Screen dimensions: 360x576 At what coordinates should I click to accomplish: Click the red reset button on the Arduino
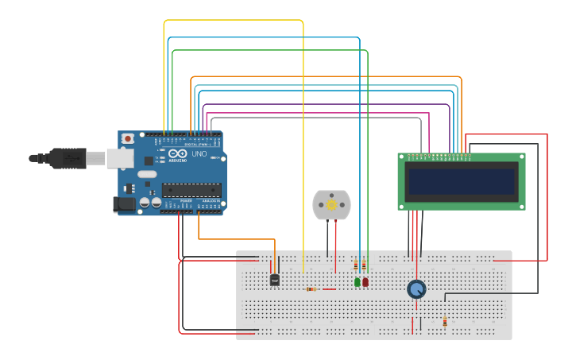click(x=128, y=138)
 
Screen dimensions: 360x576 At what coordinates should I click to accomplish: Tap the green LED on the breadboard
click(x=357, y=282)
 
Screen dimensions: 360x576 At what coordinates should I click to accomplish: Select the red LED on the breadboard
click(x=365, y=282)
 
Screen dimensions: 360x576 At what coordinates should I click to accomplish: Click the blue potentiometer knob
click(x=416, y=289)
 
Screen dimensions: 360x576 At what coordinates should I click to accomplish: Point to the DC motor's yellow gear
click(x=332, y=205)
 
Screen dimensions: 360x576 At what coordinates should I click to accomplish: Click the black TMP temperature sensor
click(x=275, y=280)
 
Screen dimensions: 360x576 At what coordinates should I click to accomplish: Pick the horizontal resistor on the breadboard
click(x=311, y=289)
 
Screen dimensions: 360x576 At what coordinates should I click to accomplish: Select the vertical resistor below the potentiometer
click(x=445, y=322)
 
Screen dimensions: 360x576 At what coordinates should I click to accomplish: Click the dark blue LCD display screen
click(x=461, y=181)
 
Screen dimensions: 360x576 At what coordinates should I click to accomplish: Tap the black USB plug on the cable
click(x=68, y=159)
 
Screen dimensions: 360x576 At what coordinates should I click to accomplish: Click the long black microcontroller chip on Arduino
click(x=191, y=189)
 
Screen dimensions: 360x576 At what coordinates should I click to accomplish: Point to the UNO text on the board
click(x=198, y=154)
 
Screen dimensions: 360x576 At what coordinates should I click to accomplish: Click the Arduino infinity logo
click(x=177, y=153)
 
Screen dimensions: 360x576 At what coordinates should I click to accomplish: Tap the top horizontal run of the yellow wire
click(x=234, y=21)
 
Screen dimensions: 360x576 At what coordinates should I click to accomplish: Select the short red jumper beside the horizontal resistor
click(x=328, y=289)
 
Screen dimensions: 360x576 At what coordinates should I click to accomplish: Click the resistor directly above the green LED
click(x=356, y=265)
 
